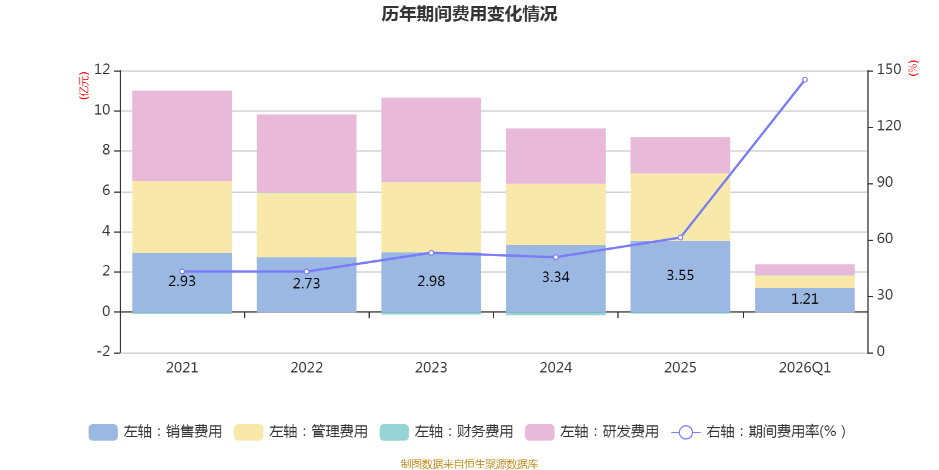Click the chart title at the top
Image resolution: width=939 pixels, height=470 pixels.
469,14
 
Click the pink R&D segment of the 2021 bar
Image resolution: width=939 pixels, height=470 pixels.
182,136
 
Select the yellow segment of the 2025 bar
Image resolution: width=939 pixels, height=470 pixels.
680,207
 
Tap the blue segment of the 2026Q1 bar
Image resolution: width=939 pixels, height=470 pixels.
805,300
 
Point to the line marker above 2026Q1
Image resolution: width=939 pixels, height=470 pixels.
805,80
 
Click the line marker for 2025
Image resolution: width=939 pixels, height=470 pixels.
680,237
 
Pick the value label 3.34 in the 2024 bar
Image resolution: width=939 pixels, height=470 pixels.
555,277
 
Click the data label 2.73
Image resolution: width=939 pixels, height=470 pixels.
306,283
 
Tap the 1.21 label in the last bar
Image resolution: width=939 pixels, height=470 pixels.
805,298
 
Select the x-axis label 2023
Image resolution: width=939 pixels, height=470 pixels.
431,368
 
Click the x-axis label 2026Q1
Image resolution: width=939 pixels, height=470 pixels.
805,368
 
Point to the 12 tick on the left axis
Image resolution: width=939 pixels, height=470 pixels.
102,69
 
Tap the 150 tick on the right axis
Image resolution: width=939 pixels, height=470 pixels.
889,69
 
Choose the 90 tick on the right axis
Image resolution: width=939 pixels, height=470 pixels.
884,182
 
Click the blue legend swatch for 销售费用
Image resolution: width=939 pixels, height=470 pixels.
103,432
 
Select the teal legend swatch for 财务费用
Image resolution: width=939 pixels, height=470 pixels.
394,432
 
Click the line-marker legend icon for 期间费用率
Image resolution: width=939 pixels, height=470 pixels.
685,432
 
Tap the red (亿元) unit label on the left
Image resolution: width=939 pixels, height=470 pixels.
84,86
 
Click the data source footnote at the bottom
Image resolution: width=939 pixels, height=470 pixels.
469,464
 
